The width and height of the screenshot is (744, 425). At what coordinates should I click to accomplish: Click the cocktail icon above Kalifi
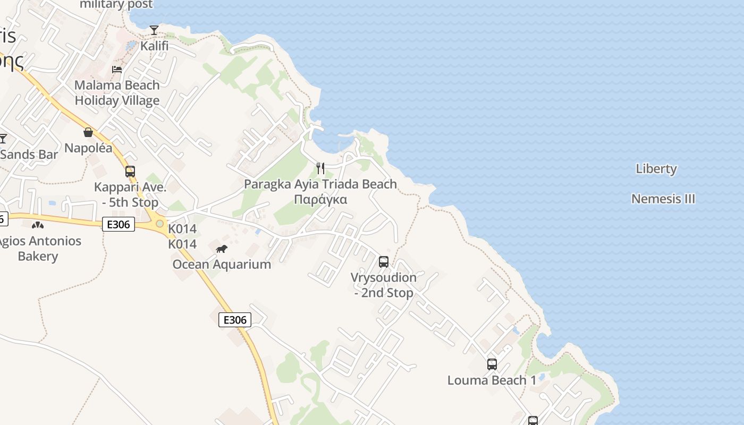point(154,30)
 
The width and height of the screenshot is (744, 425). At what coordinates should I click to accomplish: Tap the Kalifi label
point(154,46)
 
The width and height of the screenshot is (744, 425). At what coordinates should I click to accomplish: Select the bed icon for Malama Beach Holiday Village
point(117,70)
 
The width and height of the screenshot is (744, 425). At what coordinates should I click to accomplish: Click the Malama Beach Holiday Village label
point(117,92)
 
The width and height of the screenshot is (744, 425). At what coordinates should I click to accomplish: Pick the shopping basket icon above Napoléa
point(88,132)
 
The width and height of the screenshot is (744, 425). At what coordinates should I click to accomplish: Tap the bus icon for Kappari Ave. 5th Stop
point(130,172)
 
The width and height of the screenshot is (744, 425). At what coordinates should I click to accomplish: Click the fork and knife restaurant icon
point(320,168)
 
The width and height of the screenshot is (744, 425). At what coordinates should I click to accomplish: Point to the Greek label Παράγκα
point(320,200)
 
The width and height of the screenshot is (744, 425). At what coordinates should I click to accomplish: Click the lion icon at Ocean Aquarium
point(222,249)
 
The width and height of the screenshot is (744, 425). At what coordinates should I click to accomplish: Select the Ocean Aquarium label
point(222,264)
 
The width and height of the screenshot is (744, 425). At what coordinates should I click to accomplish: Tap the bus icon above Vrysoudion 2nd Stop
point(384,262)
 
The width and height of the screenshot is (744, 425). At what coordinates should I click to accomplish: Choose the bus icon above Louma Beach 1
point(492,364)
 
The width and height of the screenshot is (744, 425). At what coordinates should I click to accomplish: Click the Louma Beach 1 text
point(492,380)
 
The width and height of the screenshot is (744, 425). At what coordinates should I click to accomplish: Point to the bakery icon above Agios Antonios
point(38,225)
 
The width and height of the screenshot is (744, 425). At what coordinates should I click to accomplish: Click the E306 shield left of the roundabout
point(118,225)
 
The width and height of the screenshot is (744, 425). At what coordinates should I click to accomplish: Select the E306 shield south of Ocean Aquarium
point(235,320)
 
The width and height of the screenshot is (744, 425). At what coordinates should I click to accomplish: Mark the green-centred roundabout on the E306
point(159,224)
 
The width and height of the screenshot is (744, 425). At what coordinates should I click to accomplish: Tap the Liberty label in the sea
point(656,169)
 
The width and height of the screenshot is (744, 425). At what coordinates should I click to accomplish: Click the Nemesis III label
point(663,199)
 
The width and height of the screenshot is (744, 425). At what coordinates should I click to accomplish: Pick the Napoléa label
point(88,148)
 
